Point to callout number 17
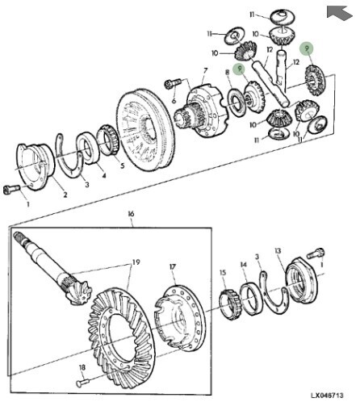(172, 267)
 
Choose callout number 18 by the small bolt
(81, 367)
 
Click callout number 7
(205, 71)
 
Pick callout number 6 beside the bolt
(173, 101)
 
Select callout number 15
(223, 274)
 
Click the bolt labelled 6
(172, 83)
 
